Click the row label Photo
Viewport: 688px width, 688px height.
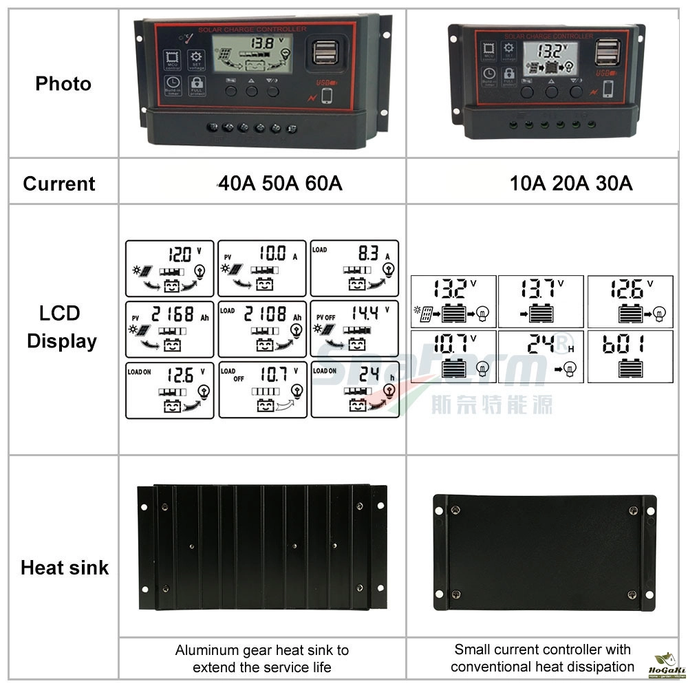[x=63, y=84]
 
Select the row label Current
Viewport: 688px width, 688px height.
[x=59, y=184]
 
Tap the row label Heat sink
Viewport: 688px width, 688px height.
[x=65, y=568]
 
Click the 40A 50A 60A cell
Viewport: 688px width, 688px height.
[x=280, y=184]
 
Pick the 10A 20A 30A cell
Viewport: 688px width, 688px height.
[x=571, y=184]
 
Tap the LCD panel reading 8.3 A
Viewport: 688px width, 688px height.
[x=354, y=268]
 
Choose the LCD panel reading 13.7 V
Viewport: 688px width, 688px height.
[x=541, y=301]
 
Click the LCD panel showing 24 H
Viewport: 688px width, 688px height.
[x=541, y=356]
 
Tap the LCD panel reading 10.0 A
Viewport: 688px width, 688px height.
[x=262, y=268]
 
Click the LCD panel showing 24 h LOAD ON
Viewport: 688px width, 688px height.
[x=354, y=389]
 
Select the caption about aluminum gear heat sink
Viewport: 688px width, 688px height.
[x=262, y=658]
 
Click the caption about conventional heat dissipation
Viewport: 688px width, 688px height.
[x=542, y=658]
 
